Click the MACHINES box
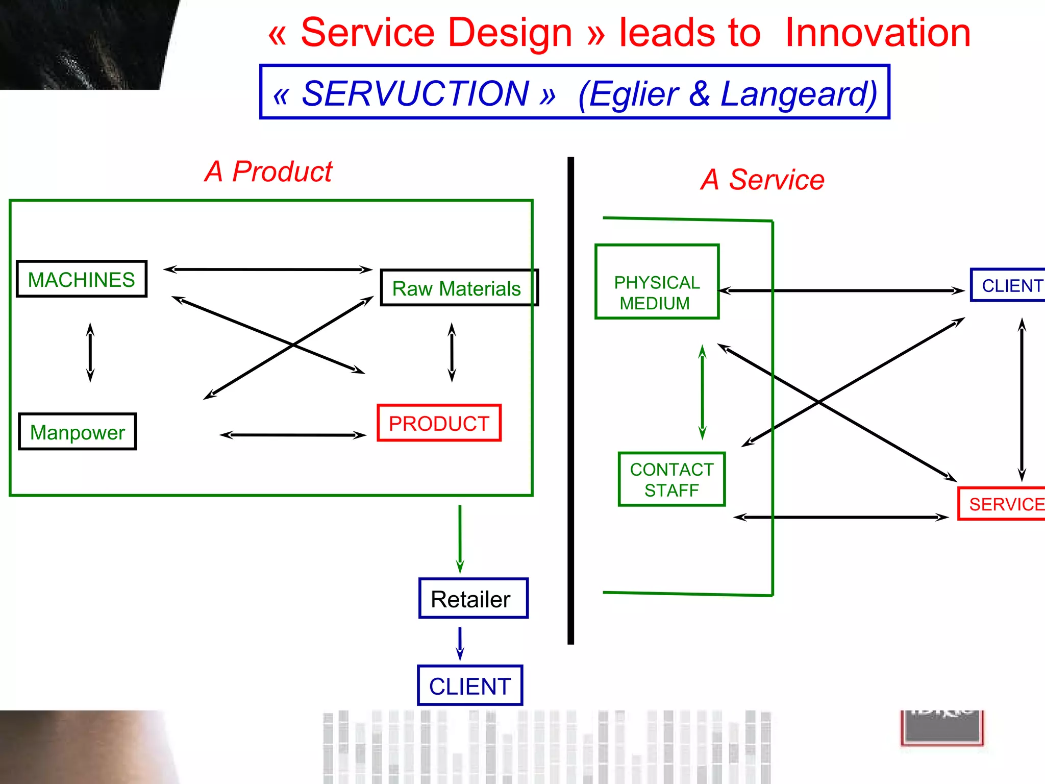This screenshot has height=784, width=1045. [x=82, y=279]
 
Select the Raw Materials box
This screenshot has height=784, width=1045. [x=458, y=288]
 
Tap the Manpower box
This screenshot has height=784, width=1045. [x=78, y=432]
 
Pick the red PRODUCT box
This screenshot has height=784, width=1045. [x=439, y=423]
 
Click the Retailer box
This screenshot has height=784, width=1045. [x=473, y=598]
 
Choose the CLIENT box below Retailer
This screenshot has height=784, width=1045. [x=470, y=685]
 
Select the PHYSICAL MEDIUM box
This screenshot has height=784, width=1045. [x=657, y=282]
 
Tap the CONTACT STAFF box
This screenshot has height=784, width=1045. [x=671, y=479]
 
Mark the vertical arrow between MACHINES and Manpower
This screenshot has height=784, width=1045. [x=90, y=352]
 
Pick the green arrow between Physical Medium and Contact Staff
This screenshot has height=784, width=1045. [x=703, y=392]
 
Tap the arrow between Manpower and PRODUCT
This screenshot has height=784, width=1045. [x=293, y=435]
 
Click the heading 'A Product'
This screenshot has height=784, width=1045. [x=268, y=171]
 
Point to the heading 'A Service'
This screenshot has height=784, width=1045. [x=762, y=180]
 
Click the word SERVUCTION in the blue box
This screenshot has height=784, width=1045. [x=415, y=93]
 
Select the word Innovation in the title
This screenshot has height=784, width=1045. [x=878, y=33]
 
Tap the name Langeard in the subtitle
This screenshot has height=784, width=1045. [x=799, y=94]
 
